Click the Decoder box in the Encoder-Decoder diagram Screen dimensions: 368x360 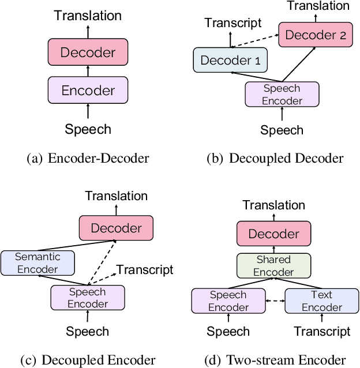pos(88,52)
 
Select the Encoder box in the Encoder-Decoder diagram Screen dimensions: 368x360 pos(88,90)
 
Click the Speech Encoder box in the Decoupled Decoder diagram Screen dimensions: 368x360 pos(282,95)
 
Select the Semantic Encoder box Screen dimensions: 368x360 pos(37,263)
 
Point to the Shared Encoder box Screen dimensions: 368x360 pos(274,266)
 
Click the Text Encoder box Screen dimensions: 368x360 pos(321,301)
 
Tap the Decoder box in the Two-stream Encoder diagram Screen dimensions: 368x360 pos(274,234)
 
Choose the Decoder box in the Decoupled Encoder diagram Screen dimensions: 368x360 pos(116,228)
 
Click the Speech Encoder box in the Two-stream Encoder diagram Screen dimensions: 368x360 pos(228,301)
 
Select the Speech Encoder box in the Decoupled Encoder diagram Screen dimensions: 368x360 pos(88,298)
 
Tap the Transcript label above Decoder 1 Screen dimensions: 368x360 pos(232,23)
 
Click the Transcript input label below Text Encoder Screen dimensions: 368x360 pos(322,332)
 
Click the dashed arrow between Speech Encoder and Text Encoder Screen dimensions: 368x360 pos(275,301)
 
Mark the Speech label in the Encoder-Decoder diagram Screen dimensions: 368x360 pos(88,129)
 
